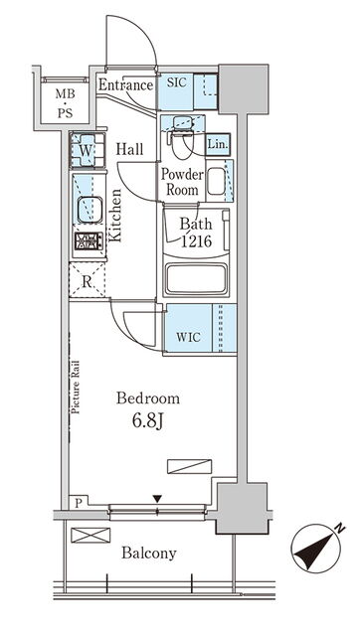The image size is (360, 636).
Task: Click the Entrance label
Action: [x=126, y=85]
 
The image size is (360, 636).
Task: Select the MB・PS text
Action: [x=66, y=103]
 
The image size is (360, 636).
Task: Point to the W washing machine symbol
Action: [x=88, y=150]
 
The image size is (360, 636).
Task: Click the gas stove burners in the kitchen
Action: [x=89, y=240]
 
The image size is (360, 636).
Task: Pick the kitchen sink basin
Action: [x=90, y=210]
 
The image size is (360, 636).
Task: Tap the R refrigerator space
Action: [x=87, y=280]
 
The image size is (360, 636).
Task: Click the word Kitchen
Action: [x=115, y=216]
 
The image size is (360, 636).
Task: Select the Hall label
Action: [x=130, y=149]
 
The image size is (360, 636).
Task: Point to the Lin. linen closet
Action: [x=218, y=144]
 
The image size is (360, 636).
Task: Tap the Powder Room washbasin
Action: [x=217, y=181]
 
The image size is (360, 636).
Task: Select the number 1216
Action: [x=196, y=241]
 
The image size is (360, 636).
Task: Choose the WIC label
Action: [x=188, y=337]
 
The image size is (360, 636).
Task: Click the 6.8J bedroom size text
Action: [x=148, y=421]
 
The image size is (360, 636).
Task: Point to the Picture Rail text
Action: [x=76, y=388]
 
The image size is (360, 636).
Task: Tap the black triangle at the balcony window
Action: [x=157, y=498]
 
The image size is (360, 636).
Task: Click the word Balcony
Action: [x=149, y=553]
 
